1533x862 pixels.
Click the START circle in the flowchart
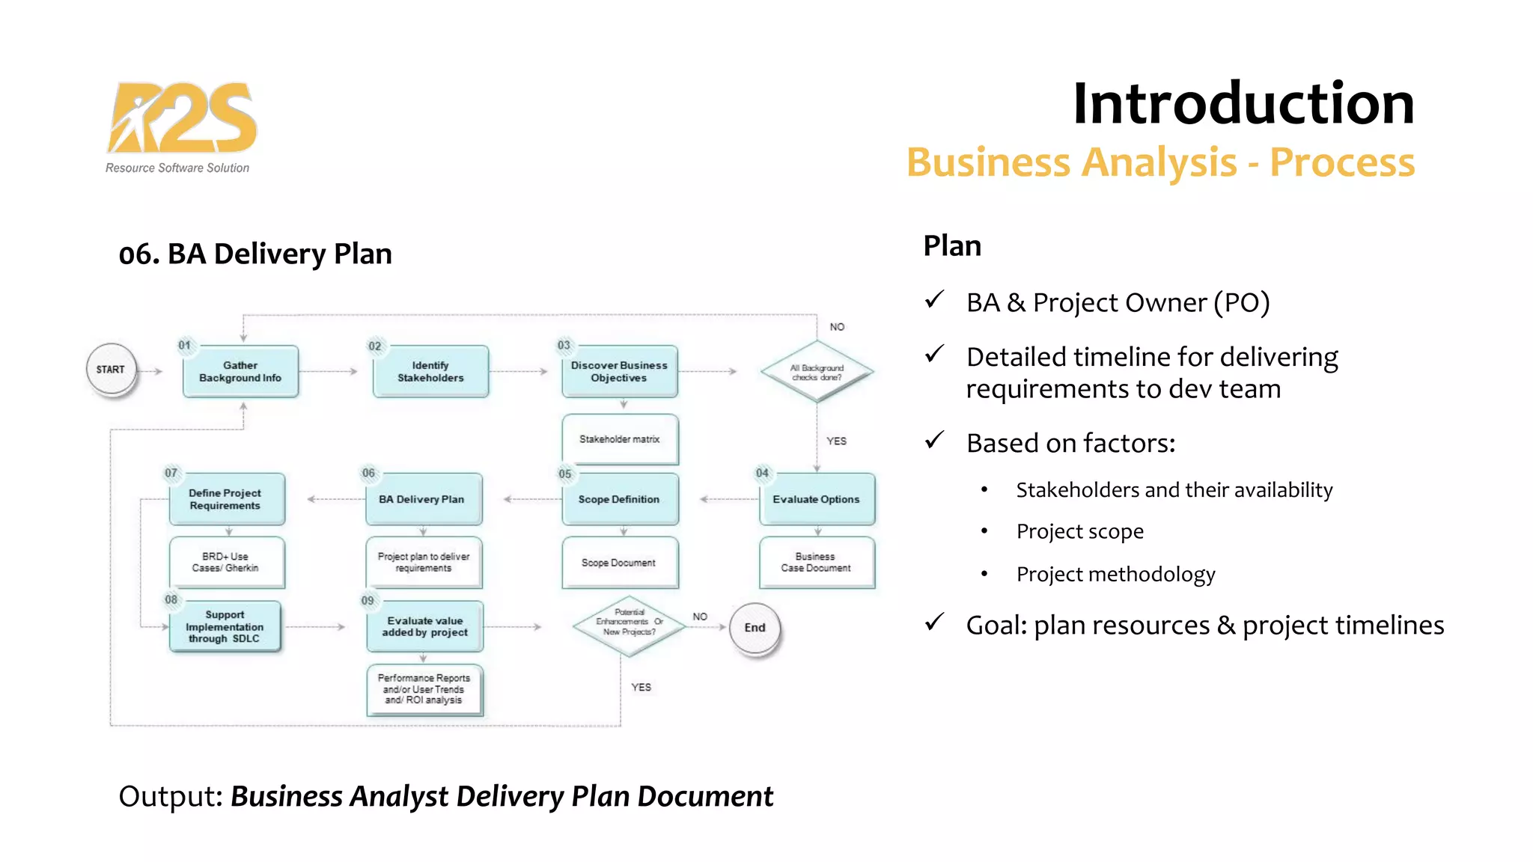pyautogui.click(x=111, y=370)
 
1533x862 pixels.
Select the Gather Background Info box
pyautogui.click(x=240, y=372)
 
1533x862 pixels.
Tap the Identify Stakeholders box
pyautogui.click(x=430, y=372)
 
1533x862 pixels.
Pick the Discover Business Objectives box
pyautogui.click(x=619, y=372)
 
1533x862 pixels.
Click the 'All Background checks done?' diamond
pyautogui.click(x=817, y=372)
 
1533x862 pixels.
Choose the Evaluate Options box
pyautogui.click(x=817, y=499)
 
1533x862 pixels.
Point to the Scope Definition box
pyautogui.click(x=619, y=499)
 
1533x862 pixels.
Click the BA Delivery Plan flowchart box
pyautogui.click(x=423, y=499)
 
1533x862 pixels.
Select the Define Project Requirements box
pyautogui.click(x=226, y=499)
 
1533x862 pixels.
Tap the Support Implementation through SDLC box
pyautogui.click(x=225, y=627)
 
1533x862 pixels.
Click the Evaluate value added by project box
pyautogui.click(x=424, y=627)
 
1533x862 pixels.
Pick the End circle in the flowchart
pyautogui.click(x=755, y=629)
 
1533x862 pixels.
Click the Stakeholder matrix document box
pyautogui.click(x=620, y=439)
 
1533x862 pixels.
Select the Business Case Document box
pyautogui.click(x=816, y=563)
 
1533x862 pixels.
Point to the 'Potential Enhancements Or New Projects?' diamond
pyautogui.click(x=629, y=626)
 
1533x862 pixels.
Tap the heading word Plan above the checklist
pyautogui.click(x=952, y=246)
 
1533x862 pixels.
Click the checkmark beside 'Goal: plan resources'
pyautogui.click(x=934, y=623)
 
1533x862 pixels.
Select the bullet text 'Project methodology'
pyautogui.click(x=1115, y=575)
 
